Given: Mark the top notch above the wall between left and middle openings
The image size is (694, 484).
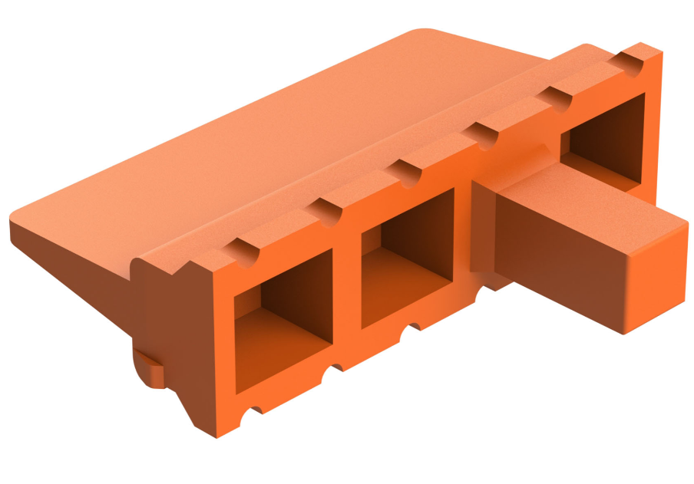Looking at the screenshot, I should click(x=329, y=212).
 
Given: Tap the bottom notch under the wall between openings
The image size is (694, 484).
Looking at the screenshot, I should click(x=334, y=373).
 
